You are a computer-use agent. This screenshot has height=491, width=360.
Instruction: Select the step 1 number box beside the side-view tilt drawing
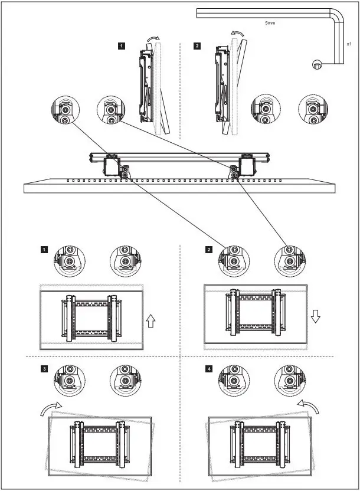pos(121,44)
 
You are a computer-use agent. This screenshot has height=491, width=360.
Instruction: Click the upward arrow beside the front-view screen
pos(151,320)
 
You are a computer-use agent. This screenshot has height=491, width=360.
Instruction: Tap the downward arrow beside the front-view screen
pos(315,317)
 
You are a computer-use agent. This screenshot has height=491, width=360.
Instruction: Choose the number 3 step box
pos(44,369)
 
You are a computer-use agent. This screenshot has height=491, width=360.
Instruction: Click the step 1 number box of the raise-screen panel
pos(44,250)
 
